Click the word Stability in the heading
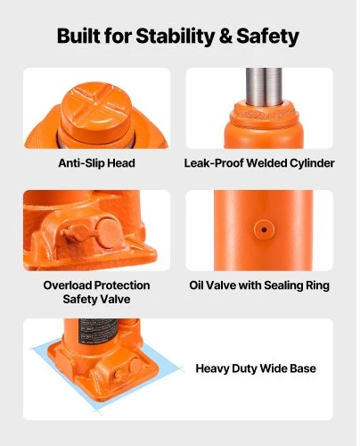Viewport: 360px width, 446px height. [x=175, y=36]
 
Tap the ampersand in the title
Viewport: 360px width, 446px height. [x=225, y=37]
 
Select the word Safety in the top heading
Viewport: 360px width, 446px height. [x=267, y=37]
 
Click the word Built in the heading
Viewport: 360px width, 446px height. [x=78, y=36]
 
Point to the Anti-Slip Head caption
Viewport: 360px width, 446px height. [x=96, y=163]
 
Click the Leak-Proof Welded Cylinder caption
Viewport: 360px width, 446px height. [x=259, y=163]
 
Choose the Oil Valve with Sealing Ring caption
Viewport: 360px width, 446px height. [x=259, y=285]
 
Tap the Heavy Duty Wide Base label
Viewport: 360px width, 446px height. [x=256, y=368]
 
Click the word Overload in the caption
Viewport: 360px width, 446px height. [x=68, y=285]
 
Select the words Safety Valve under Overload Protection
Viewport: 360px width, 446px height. [x=96, y=299]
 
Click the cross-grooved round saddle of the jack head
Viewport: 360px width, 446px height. [x=96, y=108]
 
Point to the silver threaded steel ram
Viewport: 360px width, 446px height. [x=264, y=87]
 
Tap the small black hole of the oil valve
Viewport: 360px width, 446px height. [x=264, y=229]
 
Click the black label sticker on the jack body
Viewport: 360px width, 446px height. [x=99, y=331]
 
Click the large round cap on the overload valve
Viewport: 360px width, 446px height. [x=109, y=233]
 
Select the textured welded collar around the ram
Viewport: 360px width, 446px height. [x=264, y=114]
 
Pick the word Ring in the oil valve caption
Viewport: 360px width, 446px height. [x=318, y=285]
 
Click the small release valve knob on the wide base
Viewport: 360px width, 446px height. [x=119, y=376]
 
